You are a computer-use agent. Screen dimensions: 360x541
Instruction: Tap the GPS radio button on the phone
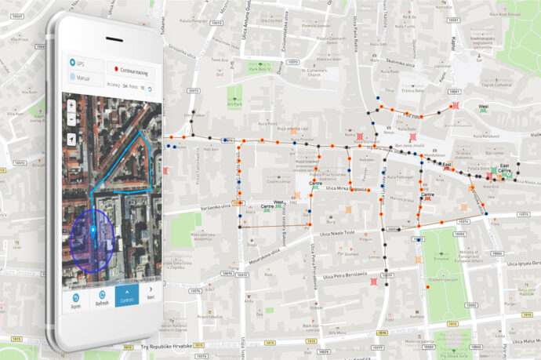pyautogui.click(x=72, y=62)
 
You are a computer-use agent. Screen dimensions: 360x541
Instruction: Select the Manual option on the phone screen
pyautogui.click(x=72, y=77)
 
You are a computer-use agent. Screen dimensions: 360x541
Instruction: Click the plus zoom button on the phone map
pyautogui.click(x=72, y=104)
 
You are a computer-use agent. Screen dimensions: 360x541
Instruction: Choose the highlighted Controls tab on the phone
pyautogui.click(x=126, y=296)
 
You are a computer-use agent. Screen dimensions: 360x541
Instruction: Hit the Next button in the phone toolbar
pyautogui.click(x=150, y=296)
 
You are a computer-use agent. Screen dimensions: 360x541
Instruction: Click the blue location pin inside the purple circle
pyautogui.click(x=93, y=231)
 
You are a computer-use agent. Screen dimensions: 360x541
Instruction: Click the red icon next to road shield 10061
pyautogui.click(x=456, y=106)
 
